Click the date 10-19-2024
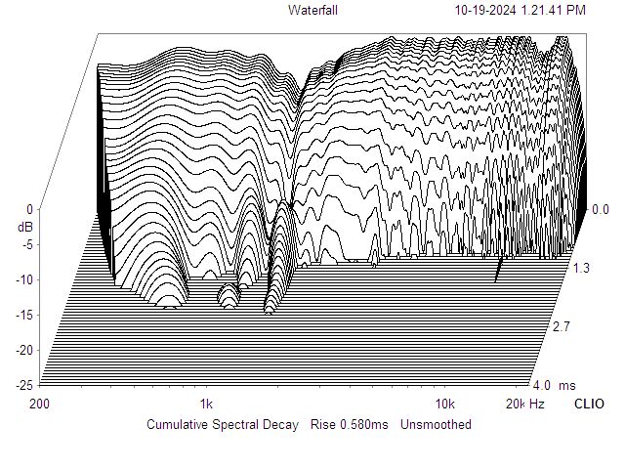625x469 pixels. click(486, 10)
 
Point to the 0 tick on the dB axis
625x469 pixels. click(30, 209)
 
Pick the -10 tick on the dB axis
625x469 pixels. click(25, 279)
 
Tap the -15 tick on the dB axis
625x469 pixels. click(25, 315)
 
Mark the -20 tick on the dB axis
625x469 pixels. click(25, 350)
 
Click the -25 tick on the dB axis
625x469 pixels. click(25, 385)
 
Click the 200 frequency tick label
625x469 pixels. click(40, 404)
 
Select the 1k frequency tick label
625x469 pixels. click(205, 404)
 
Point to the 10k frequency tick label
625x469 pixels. click(445, 404)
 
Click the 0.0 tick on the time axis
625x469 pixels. click(601, 209)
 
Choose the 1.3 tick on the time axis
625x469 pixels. click(580, 268)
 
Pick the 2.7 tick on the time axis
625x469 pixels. click(561, 326)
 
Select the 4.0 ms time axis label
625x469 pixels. click(550, 385)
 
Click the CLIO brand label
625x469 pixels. click(589, 404)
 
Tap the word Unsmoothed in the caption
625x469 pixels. click(436, 424)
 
